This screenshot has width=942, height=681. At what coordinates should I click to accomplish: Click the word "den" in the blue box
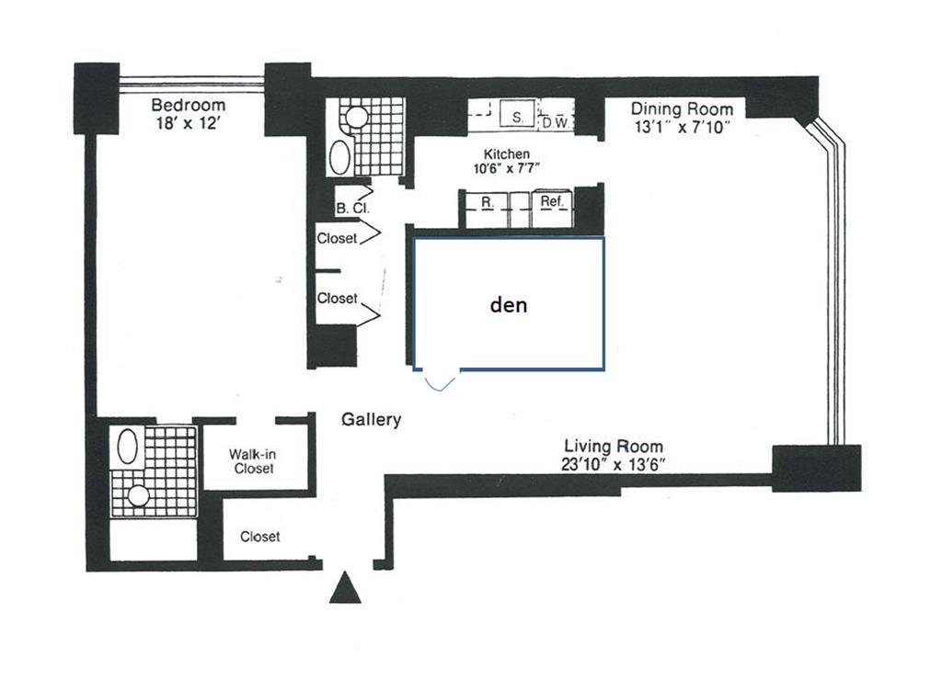(x=508, y=304)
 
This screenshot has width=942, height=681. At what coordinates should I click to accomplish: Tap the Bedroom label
(x=188, y=105)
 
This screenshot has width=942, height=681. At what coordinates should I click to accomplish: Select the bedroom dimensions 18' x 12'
(x=188, y=122)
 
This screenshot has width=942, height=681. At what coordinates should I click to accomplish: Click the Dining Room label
(x=682, y=109)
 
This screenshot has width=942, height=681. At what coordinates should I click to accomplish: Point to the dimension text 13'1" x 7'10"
(x=682, y=127)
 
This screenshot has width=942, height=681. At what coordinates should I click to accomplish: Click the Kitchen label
(x=507, y=154)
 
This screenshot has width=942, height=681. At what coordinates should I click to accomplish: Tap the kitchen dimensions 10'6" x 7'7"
(x=507, y=168)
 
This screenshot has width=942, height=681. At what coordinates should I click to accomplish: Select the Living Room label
(x=614, y=447)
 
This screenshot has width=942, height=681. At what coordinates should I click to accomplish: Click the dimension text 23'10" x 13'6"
(x=614, y=464)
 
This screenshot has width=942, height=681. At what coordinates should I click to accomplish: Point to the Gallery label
(x=372, y=420)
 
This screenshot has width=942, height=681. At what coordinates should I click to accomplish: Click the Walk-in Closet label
(x=252, y=460)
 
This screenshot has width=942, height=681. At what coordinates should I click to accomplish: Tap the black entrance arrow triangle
(x=345, y=588)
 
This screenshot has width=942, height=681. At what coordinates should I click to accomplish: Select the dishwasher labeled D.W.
(x=556, y=121)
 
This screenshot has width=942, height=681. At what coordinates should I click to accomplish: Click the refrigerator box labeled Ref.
(x=552, y=201)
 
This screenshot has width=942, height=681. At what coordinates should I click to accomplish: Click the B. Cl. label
(x=352, y=209)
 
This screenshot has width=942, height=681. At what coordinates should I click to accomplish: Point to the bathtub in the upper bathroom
(x=339, y=156)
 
